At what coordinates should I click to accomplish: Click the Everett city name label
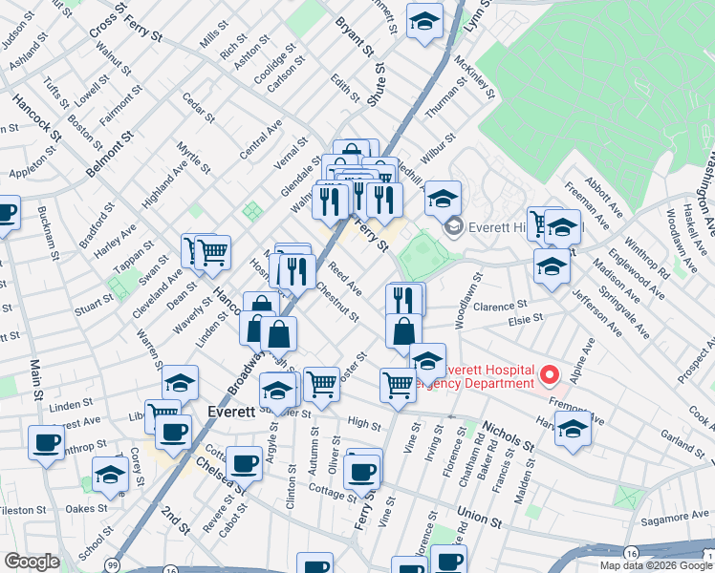click(x=230, y=412)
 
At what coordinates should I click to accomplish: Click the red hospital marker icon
click(x=548, y=374)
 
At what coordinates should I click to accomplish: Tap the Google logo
click(x=32, y=562)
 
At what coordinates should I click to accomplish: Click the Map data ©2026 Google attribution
click(x=655, y=565)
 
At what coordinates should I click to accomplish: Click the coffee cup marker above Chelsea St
click(x=245, y=463)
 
